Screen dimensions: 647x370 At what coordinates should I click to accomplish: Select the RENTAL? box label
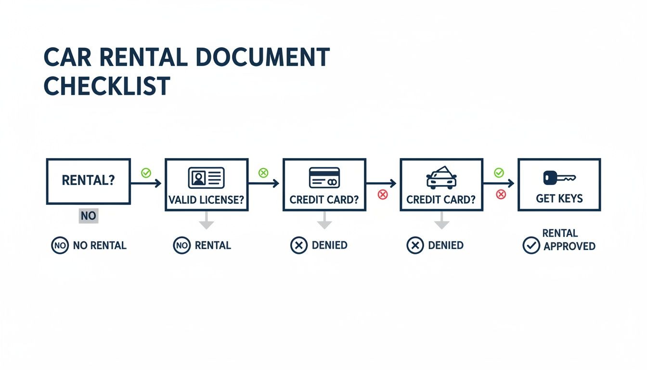[x=88, y=181]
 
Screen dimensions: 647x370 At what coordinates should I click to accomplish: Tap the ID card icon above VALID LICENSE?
[x=206, y=177]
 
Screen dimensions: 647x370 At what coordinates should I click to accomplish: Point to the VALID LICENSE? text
[x=207, y=200]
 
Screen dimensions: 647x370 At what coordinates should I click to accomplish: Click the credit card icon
[x=324, y=177]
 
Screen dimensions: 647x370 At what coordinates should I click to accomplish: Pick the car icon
[x=441, y=177]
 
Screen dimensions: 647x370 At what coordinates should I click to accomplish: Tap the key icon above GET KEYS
[x=558, y=178]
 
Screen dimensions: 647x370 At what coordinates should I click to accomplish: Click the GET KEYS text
[x=559, y=198]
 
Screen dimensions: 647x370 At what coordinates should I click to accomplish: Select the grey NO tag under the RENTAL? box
[x=88, y=216]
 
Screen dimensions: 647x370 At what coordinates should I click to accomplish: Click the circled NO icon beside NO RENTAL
[x=60, y=246]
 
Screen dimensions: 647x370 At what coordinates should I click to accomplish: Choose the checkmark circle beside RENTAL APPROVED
[x=531, y=245]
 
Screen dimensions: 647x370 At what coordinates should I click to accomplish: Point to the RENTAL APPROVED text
[x=569, y=239]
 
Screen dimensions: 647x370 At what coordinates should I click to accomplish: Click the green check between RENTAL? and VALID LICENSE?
[x=145, y=172]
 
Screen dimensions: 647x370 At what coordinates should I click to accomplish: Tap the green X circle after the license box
[x=263, y=172]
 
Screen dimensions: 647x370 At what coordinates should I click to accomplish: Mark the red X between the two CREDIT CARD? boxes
[x=383, y=195]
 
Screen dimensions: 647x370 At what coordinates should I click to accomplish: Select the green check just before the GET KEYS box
[x=499, y=172]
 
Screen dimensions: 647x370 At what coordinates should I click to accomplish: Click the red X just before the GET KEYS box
[x=501, y=194]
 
